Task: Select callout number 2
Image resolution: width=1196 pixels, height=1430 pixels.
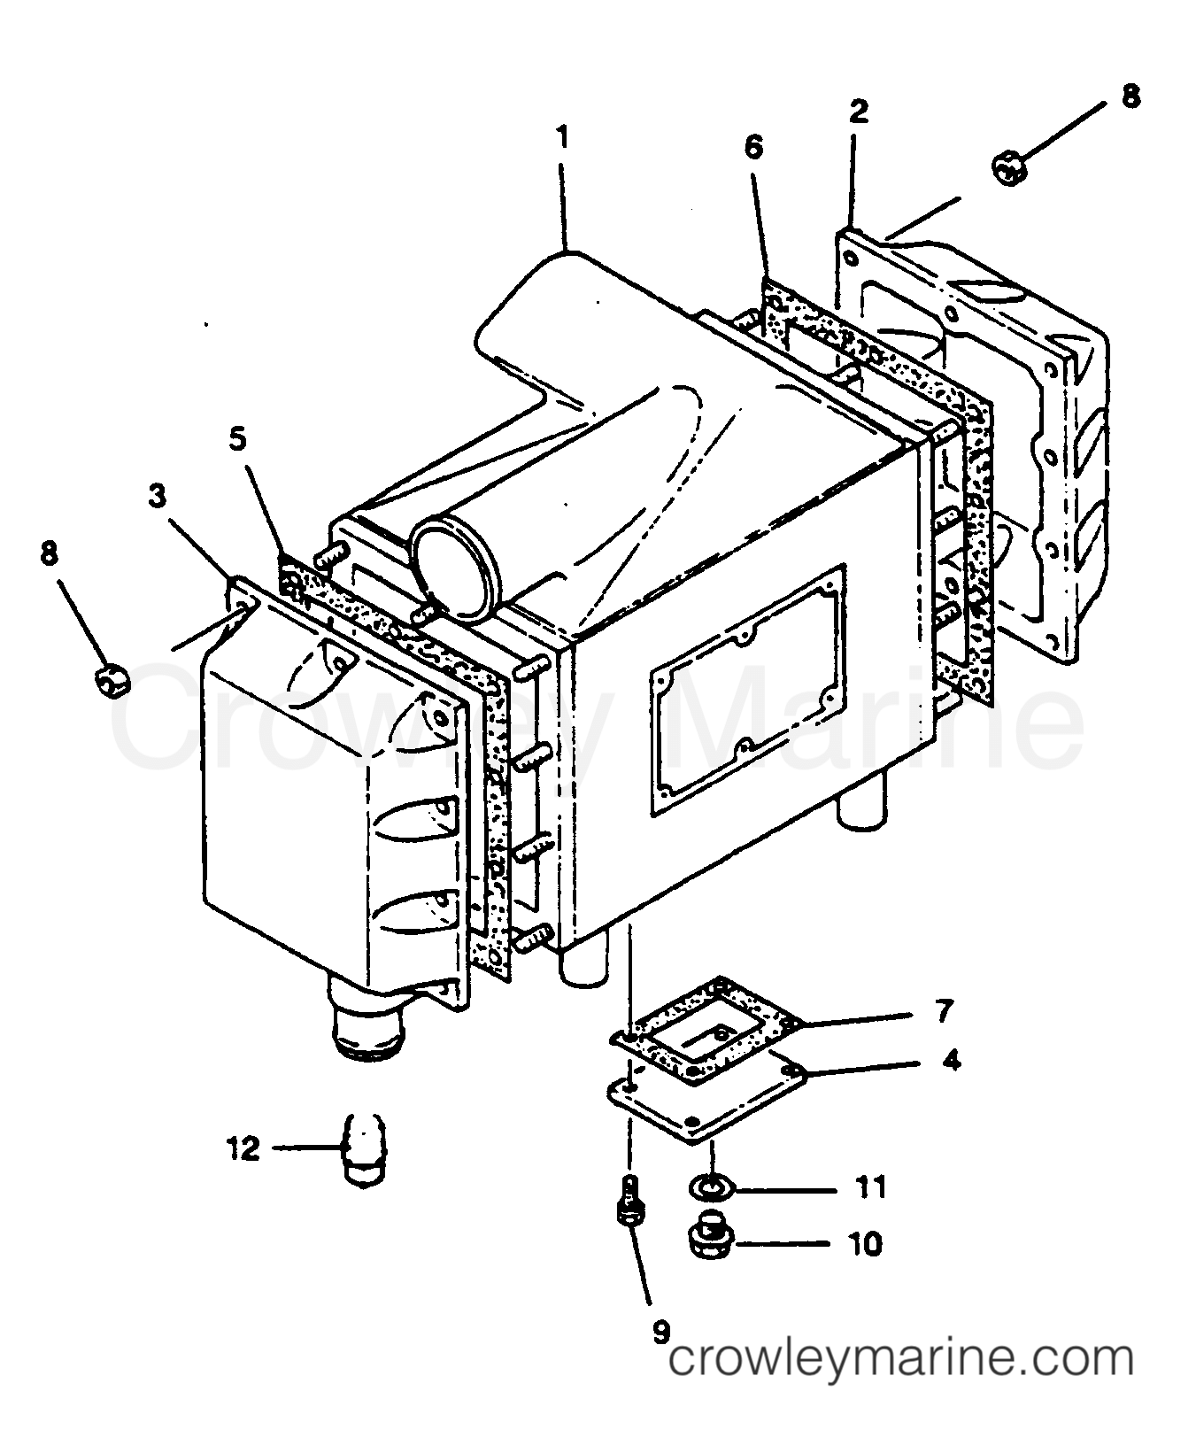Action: tap(858, 111)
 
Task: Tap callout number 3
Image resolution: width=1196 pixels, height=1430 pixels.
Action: tap(157, 496)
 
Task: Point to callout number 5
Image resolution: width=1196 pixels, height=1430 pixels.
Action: tap(237, 440)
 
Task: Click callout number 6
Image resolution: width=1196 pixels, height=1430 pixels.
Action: tap(752, 146)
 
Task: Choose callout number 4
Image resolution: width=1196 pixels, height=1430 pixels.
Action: tap(951, 1060)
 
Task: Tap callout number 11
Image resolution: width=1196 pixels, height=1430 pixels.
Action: tap(871, 1187)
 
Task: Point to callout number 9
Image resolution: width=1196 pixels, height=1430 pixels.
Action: tap(660, 1332)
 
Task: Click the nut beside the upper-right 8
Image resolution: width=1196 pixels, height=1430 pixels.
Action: tap(1007, 166)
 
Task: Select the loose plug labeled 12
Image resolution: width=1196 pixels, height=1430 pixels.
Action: tap(364, 1150)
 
